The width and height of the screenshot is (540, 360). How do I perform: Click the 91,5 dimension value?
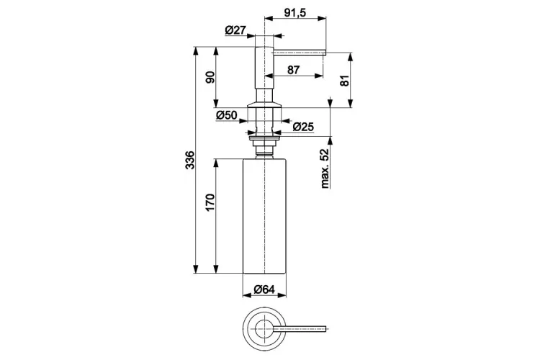pyautogui.click(x=296, y=12)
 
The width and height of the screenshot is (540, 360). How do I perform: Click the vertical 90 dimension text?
pyautogui.click(x=211, y=76)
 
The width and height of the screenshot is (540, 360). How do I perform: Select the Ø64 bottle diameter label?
pyautogui.click(x=264, y=291)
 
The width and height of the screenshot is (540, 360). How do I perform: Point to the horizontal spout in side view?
pyautogui.click(x=299, y=52)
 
